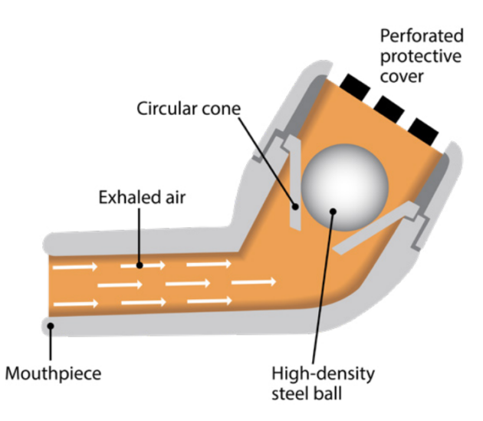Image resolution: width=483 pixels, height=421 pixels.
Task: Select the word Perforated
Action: [422, 36]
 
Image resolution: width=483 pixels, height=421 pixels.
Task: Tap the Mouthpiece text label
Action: [53, 375]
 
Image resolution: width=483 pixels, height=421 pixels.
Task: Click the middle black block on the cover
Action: [389, 107]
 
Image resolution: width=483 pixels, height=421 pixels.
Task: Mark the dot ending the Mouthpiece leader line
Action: [51, 326]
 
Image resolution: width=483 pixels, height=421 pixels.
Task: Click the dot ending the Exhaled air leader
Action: [139, 265]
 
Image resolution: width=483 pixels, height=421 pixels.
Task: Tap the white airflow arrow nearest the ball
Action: [252, 283]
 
